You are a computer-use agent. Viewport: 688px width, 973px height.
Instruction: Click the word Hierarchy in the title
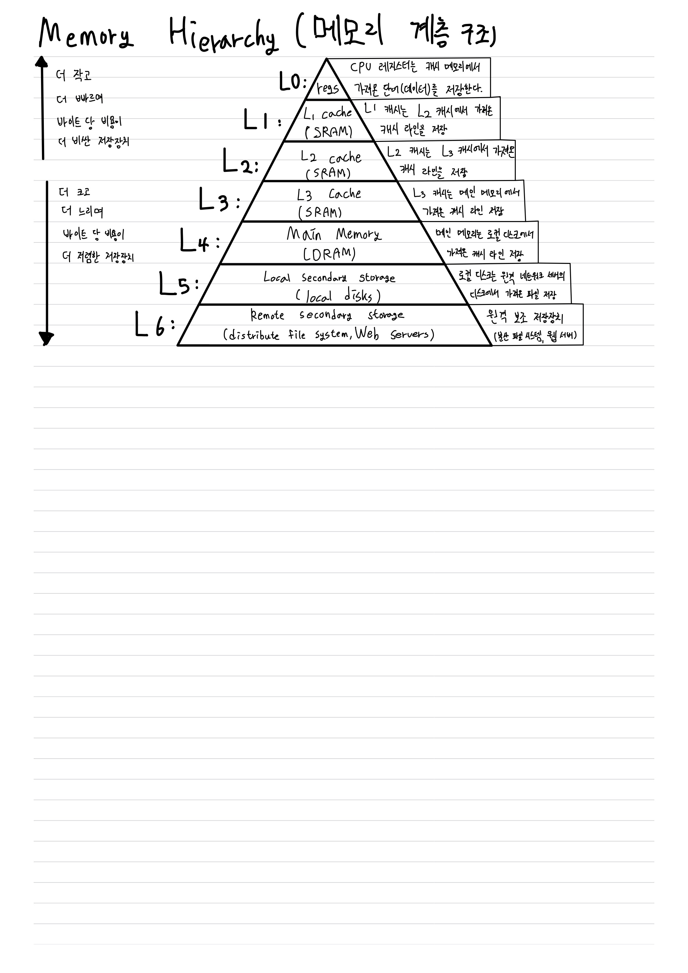pos(224,37)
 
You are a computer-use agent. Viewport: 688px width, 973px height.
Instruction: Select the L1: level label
pos(262,120)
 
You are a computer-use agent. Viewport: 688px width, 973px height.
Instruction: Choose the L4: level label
pos(200,241)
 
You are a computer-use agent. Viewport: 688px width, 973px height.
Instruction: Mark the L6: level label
pos(155,324)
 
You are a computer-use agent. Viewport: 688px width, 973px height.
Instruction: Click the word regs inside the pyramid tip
pos(328,89)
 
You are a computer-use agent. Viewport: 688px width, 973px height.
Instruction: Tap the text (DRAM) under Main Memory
pos(329,253)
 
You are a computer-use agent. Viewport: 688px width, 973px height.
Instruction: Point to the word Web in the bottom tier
pos(367,334)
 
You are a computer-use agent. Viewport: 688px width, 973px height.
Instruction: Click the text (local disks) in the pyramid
pos(338,296)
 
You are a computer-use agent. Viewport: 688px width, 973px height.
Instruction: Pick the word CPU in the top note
pos(360,67)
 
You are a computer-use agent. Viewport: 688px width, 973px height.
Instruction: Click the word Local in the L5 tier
pos(277,277)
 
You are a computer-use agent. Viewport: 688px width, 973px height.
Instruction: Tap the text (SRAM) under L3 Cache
pos(320,212)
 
